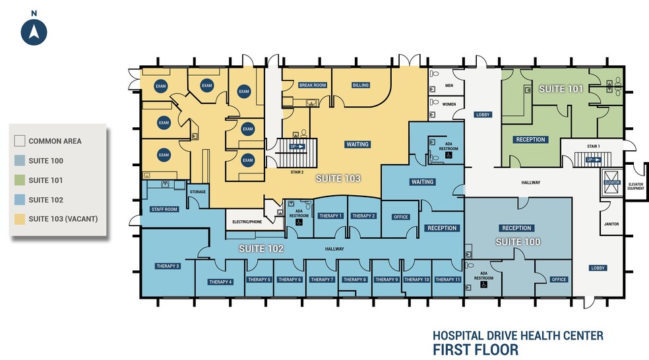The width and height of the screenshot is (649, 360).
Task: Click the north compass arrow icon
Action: pyautogui.click(x=34, y=32)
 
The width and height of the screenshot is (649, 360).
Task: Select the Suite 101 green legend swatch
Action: pyautogui.click(x=20, y=180)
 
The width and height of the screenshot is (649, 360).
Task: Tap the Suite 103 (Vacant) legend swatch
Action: pyautogui.click(x=20, y=219)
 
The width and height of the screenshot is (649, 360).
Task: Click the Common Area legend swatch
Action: pyautogui.click(x=20, y=141)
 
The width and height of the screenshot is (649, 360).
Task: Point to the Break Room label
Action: pyautogui.click(x=312, y=85)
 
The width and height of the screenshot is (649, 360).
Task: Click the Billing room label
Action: pyautogui.click(x=360, y=85)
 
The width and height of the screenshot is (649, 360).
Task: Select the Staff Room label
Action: pyautogui.click(x=164, y=209)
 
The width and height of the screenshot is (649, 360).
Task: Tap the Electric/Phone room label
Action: pyautogui.click(x=248, y=222)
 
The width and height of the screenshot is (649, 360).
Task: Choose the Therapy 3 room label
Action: pyautogui.click(x=168, y=266)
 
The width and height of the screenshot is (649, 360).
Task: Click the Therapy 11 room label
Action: pyautogui.click(x=448, y=280)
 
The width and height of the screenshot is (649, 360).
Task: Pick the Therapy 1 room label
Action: pyautogui.click(x=330, y=216)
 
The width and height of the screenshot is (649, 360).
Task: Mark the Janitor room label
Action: pyautogui.click(x=611, y=224)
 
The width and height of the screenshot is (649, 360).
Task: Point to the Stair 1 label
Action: pyautogui.click(x=593, y=146)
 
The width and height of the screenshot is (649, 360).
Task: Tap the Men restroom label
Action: pyautogui.click(x=448, y=85)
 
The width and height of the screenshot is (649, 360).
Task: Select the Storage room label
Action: pyautogui.click(x=198, y=192)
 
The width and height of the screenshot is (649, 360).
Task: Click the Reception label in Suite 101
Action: pyautogui.click(x=530, y=139)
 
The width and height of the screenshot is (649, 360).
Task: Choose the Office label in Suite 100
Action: pyautogui.click(x=559, y=280)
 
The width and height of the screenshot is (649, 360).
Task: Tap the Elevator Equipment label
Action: pyautogui.click(x=636, y=186)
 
